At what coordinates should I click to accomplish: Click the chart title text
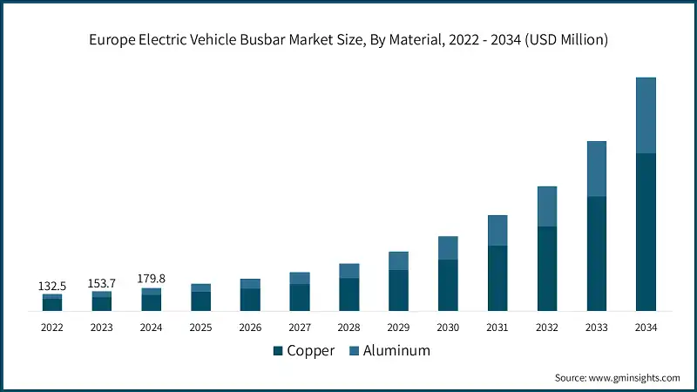pyautogui.click(x=348, y=40)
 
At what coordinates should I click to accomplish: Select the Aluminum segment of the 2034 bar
pyautogui.click(x=646, y=115)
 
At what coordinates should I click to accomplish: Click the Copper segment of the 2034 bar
pyautogui.click(x=646, y=232)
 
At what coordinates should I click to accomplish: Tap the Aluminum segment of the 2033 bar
pyautogui.click(x=596, y=168)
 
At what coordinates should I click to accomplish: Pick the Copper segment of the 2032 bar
pyautogui.click(x=546, y=268)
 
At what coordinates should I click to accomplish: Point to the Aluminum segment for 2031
pyautogui.click(x=497, y=230)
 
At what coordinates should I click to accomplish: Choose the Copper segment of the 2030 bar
pyautogui.click(x=448, y=285)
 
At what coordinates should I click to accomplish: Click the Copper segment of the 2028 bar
pyautogui.click(x=349, y=294)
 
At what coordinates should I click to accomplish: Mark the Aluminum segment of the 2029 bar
pyautogui.click(x=398, y=260)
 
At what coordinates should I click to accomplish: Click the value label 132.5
pyautogui.click(x=52, y=286)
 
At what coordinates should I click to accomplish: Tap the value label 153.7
pyautogui.click(x=102, y=283)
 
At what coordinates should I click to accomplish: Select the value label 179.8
pyautogui.click(x=152, y=279)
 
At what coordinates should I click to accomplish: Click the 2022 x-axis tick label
pyautogui.click(x=52, y=328)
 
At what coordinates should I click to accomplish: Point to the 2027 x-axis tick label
pyautogui.click(x=300, y=328)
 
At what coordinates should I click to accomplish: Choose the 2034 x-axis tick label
pyautogui.click(x=646, y=328)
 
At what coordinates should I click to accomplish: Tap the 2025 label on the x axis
pyautogui.click(x=200, y=328)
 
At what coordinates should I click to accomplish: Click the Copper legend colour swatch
pyautogui.click(x=278, y=351)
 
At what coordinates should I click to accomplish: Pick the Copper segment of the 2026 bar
pyautogui.click(x=250, y=299)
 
